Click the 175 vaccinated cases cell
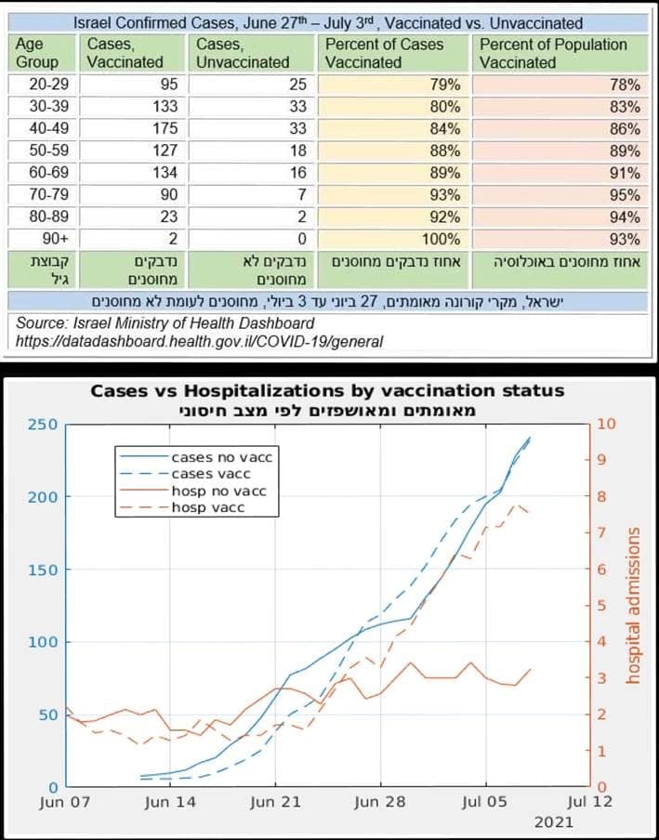163,128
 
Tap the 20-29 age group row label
38,84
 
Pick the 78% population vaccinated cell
625,84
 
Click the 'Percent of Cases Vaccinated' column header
385,53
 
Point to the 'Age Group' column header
37,53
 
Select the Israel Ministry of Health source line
165,323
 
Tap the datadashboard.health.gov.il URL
200,342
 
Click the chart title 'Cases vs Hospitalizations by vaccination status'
327,391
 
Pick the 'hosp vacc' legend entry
215,507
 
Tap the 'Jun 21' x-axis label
276,801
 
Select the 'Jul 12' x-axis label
589,801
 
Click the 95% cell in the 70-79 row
625,195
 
